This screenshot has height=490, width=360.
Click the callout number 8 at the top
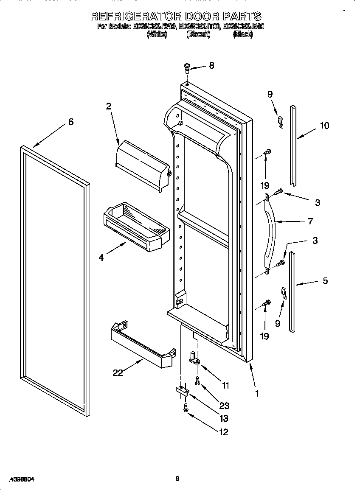[x=211, y=65]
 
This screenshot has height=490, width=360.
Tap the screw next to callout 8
[x=186, y=67]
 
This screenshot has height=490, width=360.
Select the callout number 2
[x=109, y=106]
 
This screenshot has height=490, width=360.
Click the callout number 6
[x=70, y=122]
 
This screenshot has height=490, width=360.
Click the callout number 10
[x=324, y=126]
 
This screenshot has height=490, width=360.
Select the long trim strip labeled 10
[x=293, y=144]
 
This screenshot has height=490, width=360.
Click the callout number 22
[x=118, y=373]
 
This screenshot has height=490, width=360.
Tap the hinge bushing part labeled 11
[x=194, y=358]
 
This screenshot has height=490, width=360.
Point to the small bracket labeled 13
[x=181, y=391]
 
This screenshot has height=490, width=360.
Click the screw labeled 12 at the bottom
[x=186, y=408]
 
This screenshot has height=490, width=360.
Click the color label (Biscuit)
[x=198, y=35]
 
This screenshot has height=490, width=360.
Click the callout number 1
[x=257, y=393]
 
